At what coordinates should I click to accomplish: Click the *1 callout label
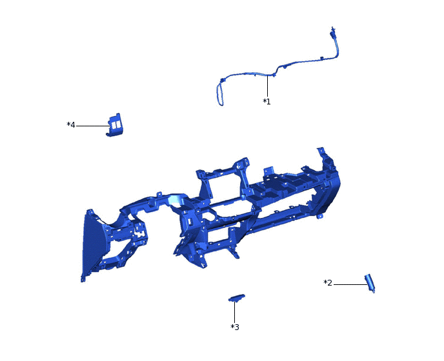click(x=267, y=102)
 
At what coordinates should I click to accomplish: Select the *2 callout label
click(x=328, y=283)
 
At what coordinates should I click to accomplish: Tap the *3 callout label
click(x=235, y=327)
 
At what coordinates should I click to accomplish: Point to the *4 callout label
click(x=71, y=125)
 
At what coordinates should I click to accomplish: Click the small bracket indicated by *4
click(x=116, y=125)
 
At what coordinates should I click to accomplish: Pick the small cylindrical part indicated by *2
click(x=370, y=282)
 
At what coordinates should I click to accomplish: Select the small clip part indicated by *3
click(x=237, y=297)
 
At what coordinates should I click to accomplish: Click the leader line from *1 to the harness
click(x=267, y=86)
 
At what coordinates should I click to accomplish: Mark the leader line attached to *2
click(x=349, y=284)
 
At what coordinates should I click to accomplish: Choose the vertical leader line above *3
click(x=234, y=311)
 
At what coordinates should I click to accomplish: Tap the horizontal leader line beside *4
click(x=92, y=126)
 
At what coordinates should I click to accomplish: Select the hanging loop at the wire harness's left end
click(x=218, y=94)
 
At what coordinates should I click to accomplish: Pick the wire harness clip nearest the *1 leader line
click(x=274, y=75)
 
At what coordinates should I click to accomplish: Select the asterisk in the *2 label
click(x=325, y=282)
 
